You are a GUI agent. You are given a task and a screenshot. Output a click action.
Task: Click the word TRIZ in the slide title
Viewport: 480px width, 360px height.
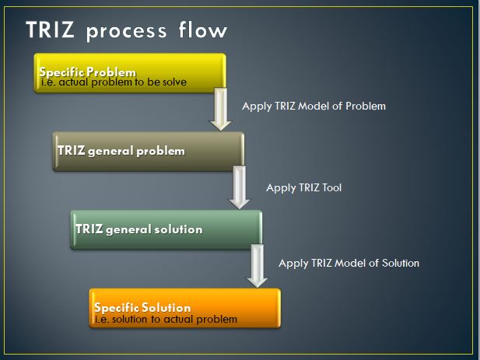(51, 30)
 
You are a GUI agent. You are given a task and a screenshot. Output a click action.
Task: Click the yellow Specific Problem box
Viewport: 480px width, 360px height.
(130, 73)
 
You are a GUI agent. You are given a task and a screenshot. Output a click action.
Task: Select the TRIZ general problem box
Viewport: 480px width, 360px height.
(148, 151)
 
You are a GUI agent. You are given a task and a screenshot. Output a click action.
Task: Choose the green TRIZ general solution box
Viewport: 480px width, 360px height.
(166, 229)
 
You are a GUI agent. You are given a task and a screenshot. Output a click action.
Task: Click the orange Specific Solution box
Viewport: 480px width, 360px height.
(184, 307)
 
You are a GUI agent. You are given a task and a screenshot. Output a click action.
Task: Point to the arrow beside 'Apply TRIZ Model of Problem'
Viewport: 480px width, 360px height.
(222, 110)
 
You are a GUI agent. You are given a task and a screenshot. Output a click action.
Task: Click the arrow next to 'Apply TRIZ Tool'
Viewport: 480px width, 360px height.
(240, 189)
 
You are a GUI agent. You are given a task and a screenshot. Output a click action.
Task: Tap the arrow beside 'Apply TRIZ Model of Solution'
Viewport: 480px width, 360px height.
(258, 267)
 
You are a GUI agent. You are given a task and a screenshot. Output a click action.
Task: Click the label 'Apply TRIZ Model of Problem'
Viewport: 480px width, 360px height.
(314, 106)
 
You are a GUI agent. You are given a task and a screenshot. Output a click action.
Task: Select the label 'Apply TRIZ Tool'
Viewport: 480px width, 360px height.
(303, 187)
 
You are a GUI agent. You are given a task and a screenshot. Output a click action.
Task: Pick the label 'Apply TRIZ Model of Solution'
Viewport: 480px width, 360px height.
(349, 263)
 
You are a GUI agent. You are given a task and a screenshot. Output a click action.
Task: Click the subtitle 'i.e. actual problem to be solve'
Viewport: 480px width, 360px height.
(114, 81)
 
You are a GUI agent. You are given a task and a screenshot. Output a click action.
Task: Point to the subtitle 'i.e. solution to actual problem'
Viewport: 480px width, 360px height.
(165, 319)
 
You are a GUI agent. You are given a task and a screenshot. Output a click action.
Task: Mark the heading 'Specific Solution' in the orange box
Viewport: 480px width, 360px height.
(142, 308)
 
